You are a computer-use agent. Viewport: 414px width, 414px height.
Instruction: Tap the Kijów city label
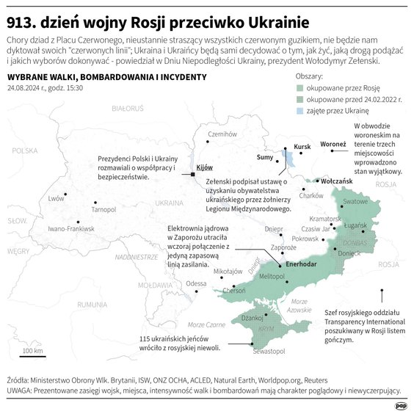(x=204, y=167)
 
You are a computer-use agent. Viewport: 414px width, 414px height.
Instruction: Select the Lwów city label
(x=56, y=198)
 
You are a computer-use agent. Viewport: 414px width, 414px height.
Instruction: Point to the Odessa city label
(x=196, y=283)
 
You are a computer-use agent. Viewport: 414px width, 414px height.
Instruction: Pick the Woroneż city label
(x=333, y=144)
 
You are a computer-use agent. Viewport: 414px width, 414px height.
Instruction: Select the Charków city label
(x=311, y=195)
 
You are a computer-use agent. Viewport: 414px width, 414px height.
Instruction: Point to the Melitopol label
(x=272, y=276)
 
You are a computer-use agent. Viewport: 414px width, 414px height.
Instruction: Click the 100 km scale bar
(x=32, y=355)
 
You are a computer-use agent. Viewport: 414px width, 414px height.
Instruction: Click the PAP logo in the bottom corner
(x=401, y=404)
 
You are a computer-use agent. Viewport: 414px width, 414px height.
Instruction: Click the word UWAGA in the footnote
(x=20, y=391)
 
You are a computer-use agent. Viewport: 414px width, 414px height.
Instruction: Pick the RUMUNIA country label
(x=93, y=303)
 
